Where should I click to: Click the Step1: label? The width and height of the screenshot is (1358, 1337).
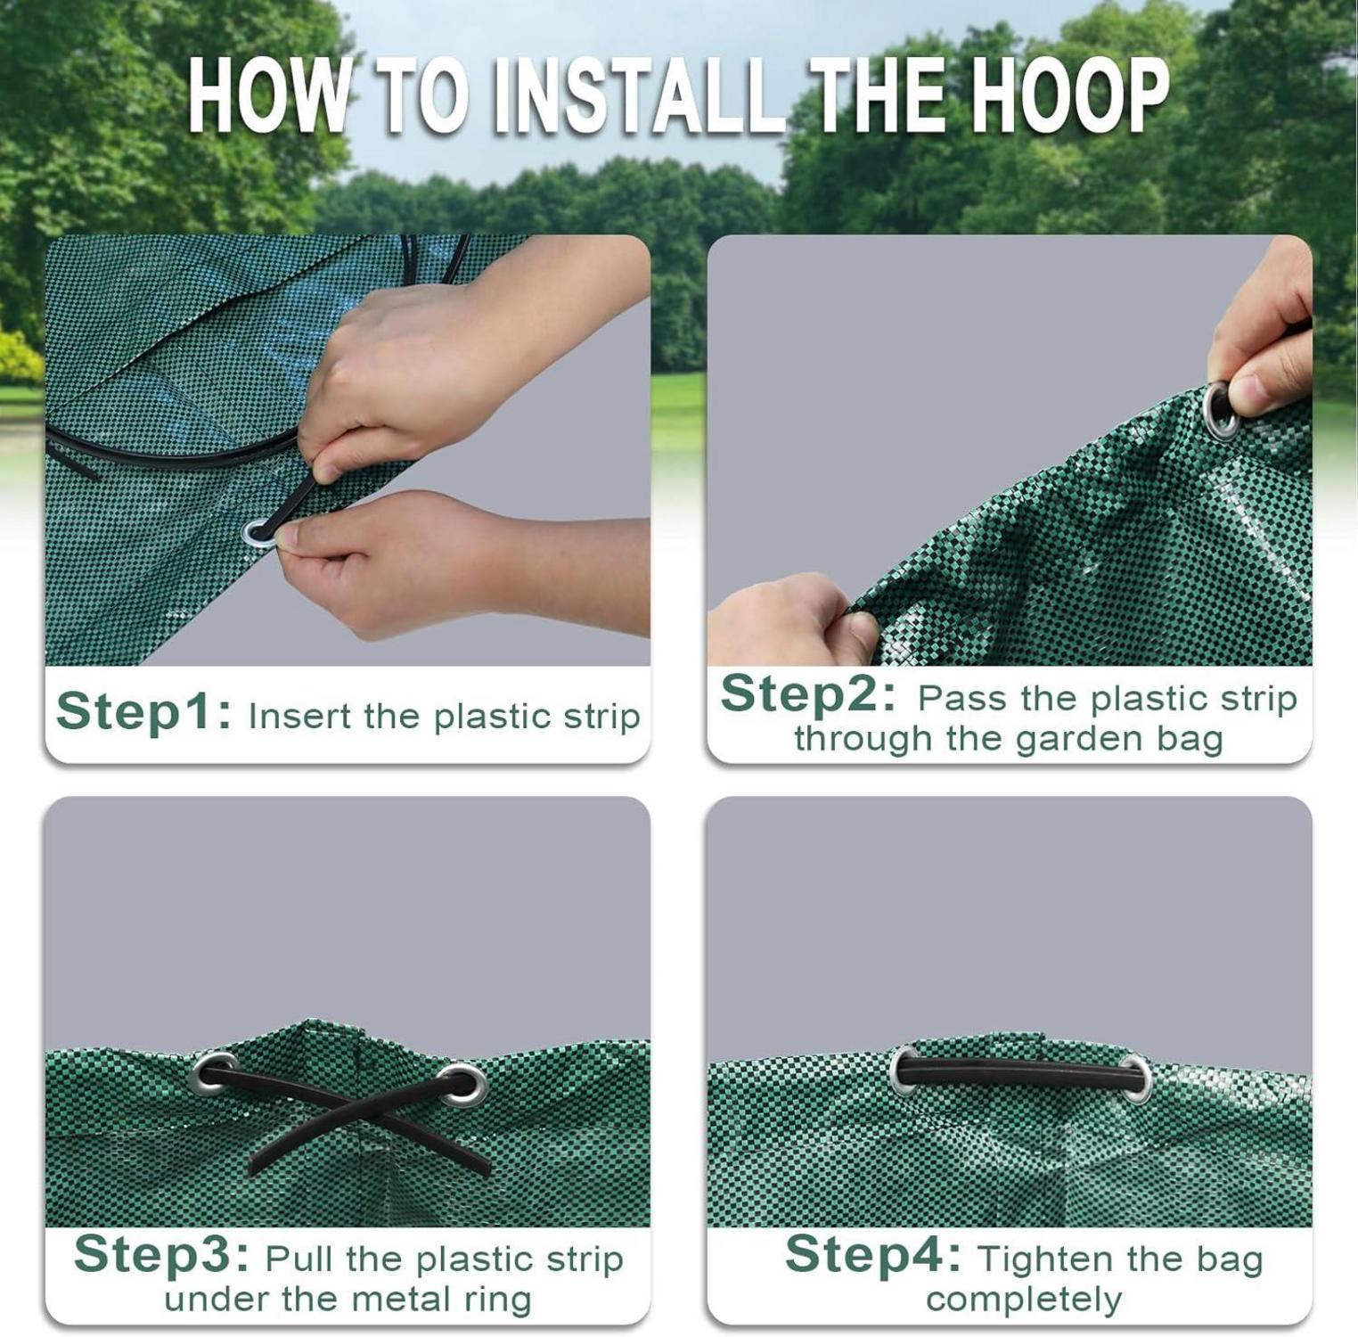click(144, 712)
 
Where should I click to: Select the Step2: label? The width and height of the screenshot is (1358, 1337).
click(808, 693)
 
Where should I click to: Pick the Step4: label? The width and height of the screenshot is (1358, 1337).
click(873, 1255)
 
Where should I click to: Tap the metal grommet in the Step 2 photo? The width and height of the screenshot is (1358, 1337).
click(1220, 410)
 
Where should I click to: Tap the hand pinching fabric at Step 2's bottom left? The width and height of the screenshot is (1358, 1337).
click(793, 619)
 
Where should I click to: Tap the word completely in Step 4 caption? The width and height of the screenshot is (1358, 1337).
click(1024, 1300)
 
